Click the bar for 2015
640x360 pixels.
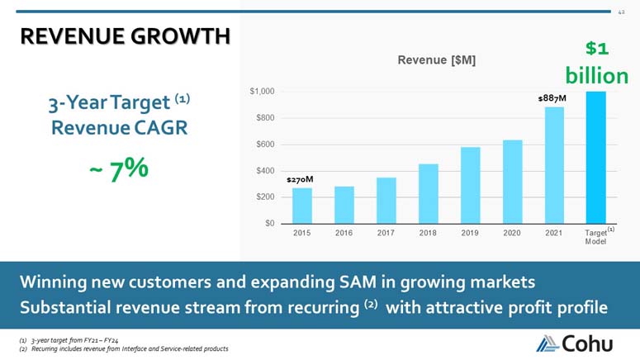[x=302, y=206]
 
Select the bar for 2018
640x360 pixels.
[x=428, y=194]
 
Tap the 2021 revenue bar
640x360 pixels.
[x=554, y=165]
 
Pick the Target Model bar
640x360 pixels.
[x=596, y=158]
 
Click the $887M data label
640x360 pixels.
[x=552, y=98]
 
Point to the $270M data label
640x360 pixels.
[x=300, y=180]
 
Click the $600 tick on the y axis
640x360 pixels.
[x=265, y=144]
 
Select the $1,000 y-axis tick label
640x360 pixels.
[x=262, y=92]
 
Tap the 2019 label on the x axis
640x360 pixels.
[x=470, y=233]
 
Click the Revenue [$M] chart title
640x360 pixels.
[x=436, y=60]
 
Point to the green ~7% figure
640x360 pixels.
[x=119, y=169]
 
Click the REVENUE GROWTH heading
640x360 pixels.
[x=126, y=36]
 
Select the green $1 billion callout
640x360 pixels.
[x=597, y=63]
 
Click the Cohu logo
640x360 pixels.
[x=574, y=343]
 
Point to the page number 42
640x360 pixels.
[x=621, y=12]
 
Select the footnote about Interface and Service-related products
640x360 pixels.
[x=124, y=349]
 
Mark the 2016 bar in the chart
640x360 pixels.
[x=344, y=205]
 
